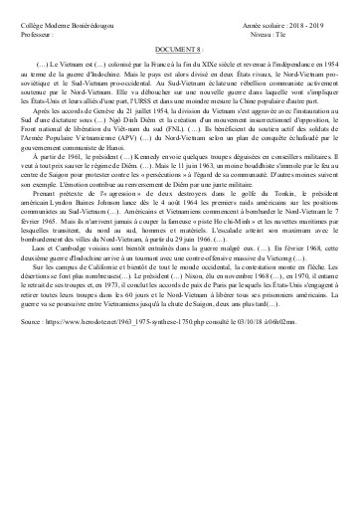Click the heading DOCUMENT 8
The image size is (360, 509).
[180, 47]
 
